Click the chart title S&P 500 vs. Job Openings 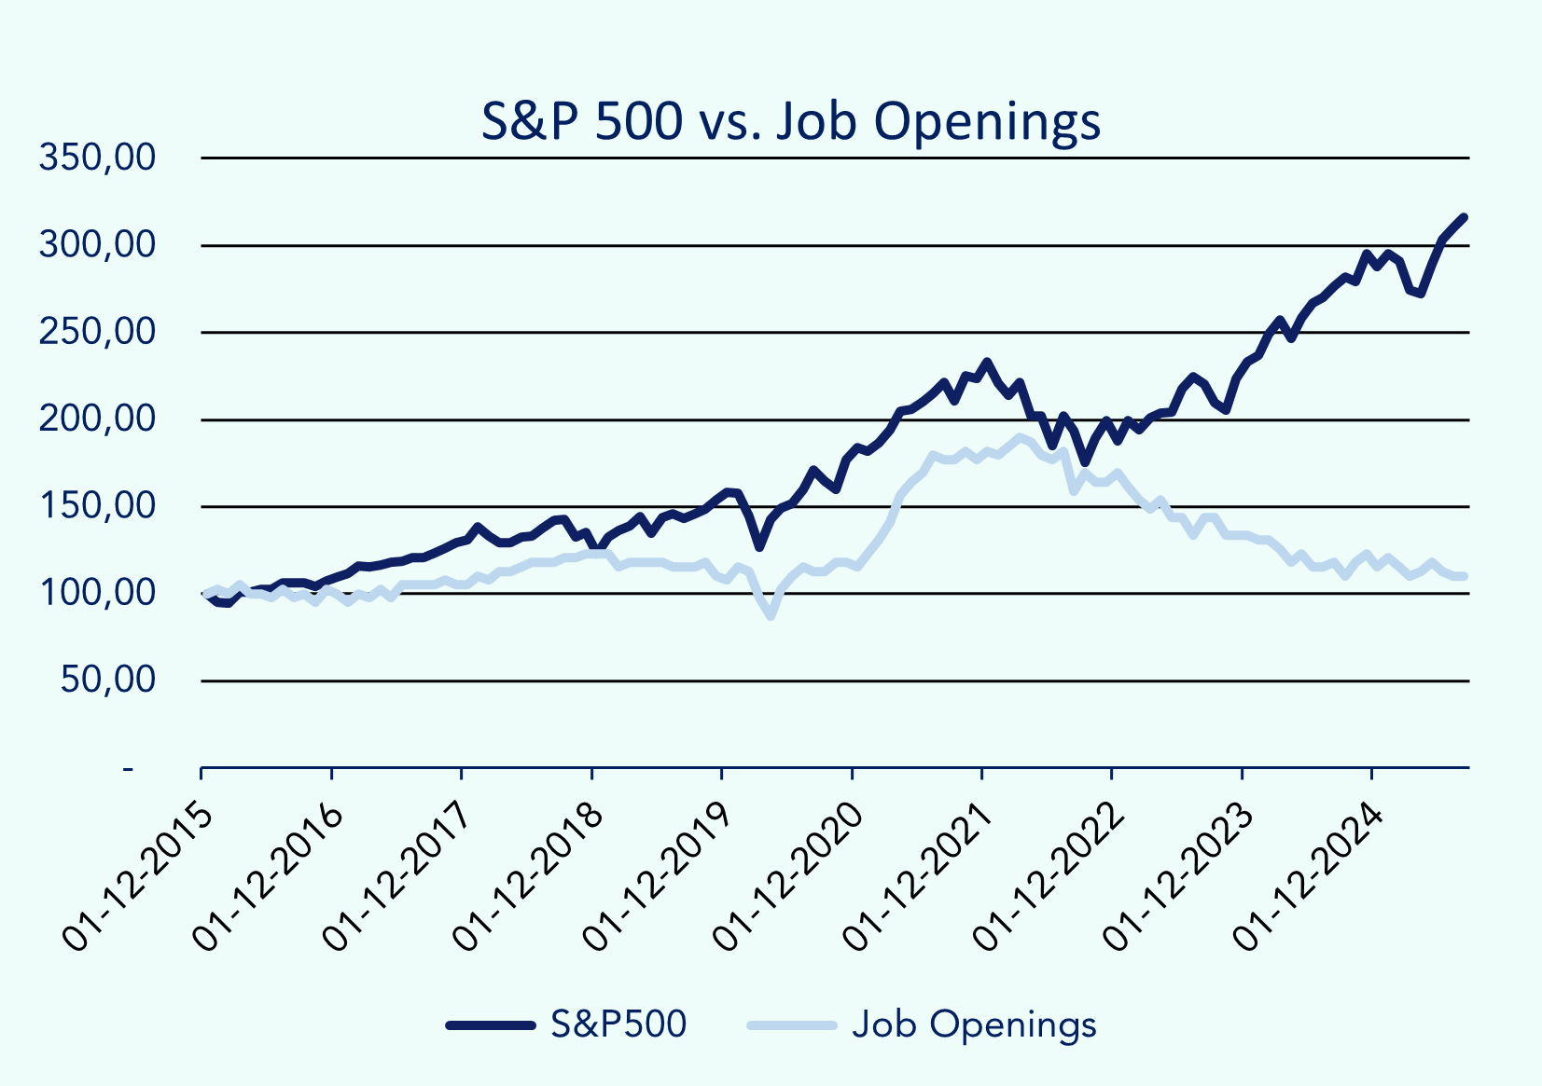(790, 121)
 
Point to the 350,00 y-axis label (97, 158)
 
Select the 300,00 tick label (97, 245)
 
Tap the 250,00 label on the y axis (97, 332)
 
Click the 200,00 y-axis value (97, 419)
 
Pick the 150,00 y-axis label (97, 506)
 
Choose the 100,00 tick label (97, 593)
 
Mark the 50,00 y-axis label (108, 680)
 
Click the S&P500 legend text (618, 1024)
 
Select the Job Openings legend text (974, 1024)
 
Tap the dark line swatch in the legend (491, 1025)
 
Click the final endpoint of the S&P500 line (1465, 217)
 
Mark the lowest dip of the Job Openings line (771, 615)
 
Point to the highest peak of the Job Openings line (1019, 436)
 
